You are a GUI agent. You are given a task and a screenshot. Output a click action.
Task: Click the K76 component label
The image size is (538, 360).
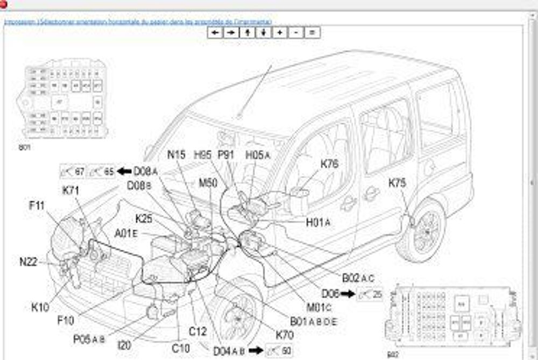click(x=329, y=164)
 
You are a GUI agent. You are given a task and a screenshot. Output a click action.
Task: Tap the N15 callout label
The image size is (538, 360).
click(x=176, y=155)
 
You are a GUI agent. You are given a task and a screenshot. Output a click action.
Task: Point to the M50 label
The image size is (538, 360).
click(x=208, y=183)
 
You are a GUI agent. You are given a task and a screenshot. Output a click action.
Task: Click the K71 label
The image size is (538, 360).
click(x=71, y=190)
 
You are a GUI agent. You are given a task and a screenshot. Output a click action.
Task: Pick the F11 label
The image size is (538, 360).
click(x=37, y=205)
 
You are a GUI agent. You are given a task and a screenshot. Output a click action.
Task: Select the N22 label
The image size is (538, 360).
click(x=28, y=262)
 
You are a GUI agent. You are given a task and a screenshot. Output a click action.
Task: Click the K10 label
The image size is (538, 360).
click(x=40, y=308)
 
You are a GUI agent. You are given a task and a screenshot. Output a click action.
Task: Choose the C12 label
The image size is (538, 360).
click(x=197, y=331)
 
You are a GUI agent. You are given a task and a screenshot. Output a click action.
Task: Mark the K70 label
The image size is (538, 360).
click(x=285, y=335)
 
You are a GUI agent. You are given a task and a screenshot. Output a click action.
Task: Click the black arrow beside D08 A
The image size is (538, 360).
click(x=124, y=172)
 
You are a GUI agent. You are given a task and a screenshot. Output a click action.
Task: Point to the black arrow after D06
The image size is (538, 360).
click(x=348, y=294)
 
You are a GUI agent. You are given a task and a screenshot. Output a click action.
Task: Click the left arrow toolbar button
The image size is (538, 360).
click(x=215, y=32)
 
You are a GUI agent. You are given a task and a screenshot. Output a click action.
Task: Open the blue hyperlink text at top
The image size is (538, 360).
click(x=138, y=22)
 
